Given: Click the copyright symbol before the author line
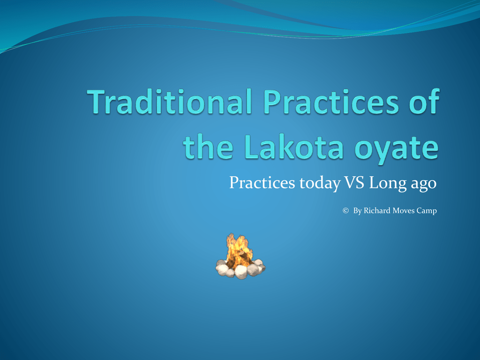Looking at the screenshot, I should [346, 211].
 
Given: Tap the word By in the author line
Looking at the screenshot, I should [357, 211].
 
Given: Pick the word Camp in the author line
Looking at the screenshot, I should [427, 211].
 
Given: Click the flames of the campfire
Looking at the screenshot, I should [239, 249].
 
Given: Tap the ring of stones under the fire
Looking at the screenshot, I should [240, 270].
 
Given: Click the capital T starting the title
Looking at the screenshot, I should [97, 103].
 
